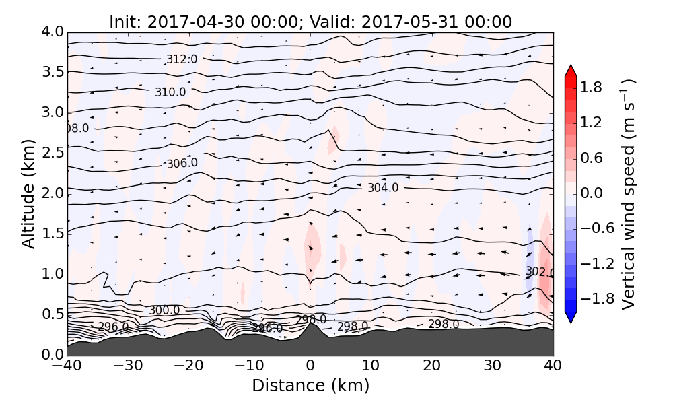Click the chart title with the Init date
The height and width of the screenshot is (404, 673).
point(310,22)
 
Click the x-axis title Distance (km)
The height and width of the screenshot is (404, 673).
point(310,386)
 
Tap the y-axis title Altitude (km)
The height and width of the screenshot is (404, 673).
point(28,193)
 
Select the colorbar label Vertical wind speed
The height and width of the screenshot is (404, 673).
point(627,193)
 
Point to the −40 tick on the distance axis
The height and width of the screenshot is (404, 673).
point(67,366)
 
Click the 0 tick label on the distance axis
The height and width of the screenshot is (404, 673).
point(310,366)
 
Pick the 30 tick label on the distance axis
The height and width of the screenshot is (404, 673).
point(493,366)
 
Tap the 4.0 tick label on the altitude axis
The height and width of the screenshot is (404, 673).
point(47,32)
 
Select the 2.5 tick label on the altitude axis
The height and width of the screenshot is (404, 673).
point(47,153)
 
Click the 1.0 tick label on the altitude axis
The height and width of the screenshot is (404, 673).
point(47,274)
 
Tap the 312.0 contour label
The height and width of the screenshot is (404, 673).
point(182,59)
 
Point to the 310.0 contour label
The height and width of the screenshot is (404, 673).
point(170,92)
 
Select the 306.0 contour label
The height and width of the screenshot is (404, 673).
point(182,163)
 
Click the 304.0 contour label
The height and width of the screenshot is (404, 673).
point(383,188)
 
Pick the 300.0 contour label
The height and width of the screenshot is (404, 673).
point(164,310)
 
